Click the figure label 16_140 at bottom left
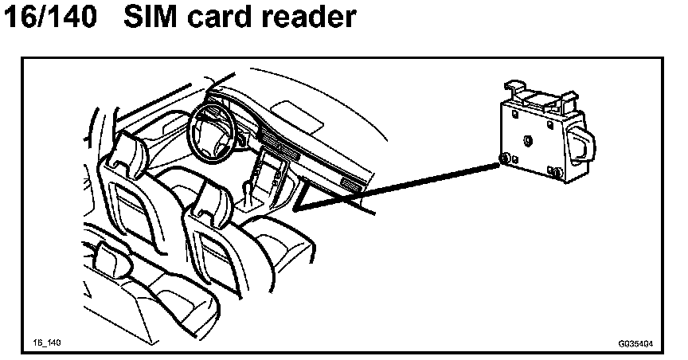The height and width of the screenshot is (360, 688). pyautogui.click(x=47, y=342)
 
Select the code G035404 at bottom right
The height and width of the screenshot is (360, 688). pyautogui.click(x=635, y=344)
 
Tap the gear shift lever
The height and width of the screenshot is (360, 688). pyautogui.click(x=248, y=191)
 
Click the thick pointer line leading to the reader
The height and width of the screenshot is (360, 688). pyautogui.click(x=398, y=187)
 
